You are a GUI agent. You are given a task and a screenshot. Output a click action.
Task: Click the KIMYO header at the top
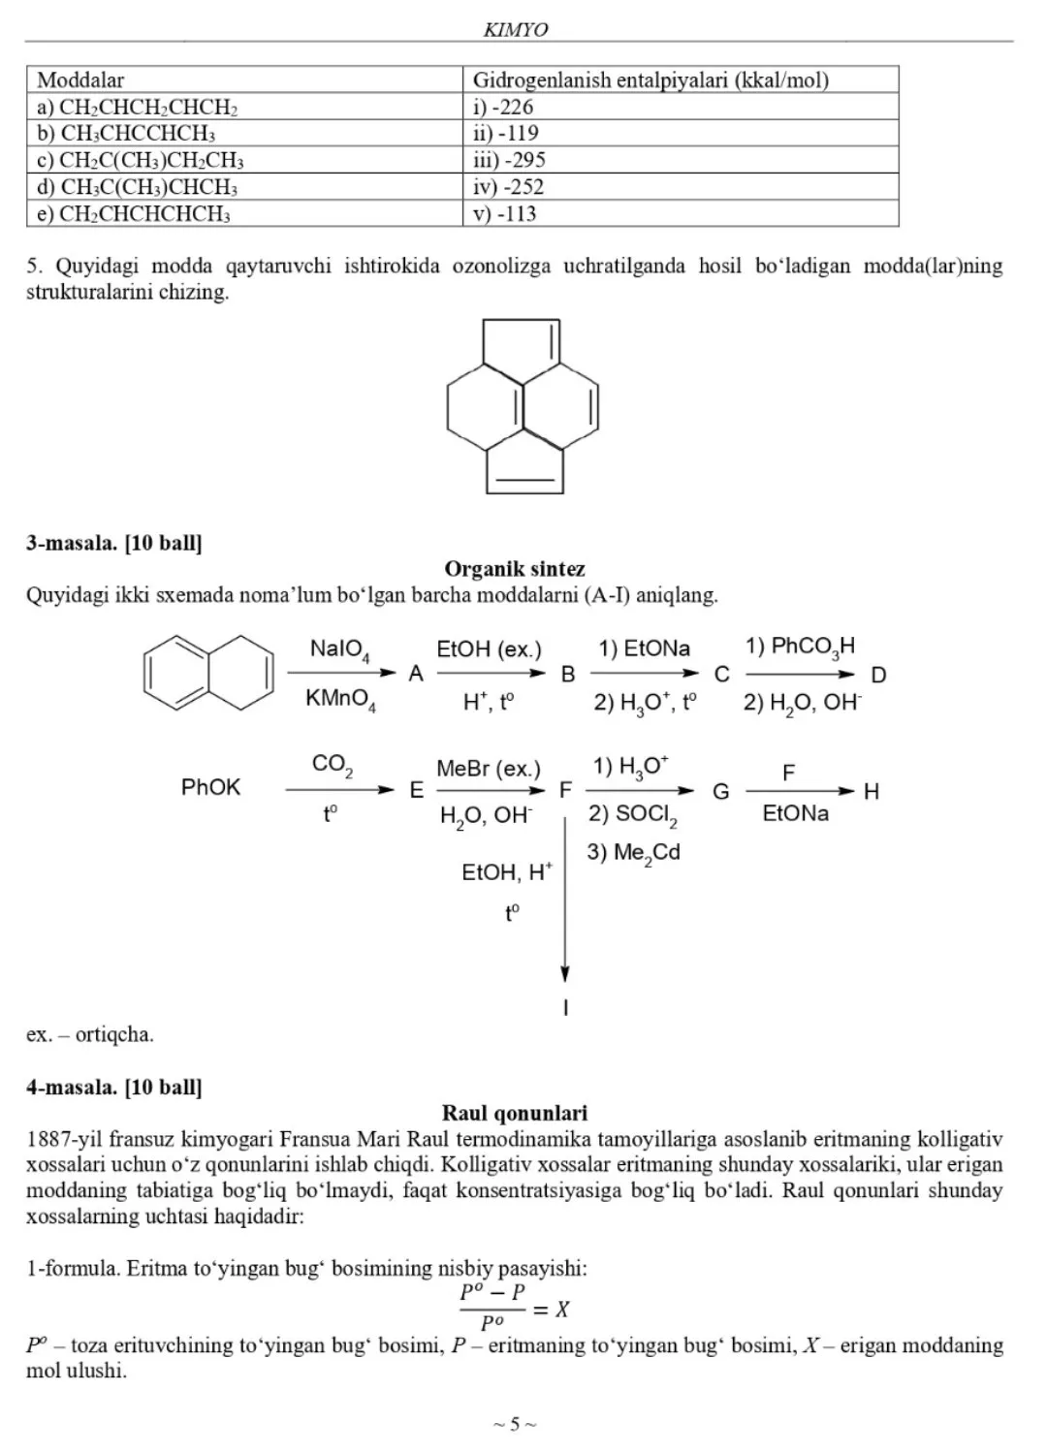(x=515, y=30)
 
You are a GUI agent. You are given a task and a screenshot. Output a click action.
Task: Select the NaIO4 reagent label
(x=339, y=649)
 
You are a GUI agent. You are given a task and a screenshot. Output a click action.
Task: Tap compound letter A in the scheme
(x=416, y=675)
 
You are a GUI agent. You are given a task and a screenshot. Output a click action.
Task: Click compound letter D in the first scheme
(x=878, y=675)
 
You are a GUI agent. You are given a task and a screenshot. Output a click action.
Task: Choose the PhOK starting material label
(x=210, y=787)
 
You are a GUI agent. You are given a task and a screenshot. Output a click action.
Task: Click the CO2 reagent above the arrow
(x=332, y=764)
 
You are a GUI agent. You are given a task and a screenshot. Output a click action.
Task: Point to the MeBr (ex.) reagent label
(x=489, y=769)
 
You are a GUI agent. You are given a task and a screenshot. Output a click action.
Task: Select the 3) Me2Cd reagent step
(x=633, y=853)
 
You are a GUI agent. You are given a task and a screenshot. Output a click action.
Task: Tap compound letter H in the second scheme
(x=872, y=792)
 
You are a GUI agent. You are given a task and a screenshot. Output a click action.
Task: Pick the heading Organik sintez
(x=515, y=569)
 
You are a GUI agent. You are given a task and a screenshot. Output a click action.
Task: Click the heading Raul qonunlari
(x=515, y=1113)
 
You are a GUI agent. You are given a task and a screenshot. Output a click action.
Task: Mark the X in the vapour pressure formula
(x=561, y=1310)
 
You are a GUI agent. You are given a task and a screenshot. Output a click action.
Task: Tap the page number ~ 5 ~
(x=515, y=1424)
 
